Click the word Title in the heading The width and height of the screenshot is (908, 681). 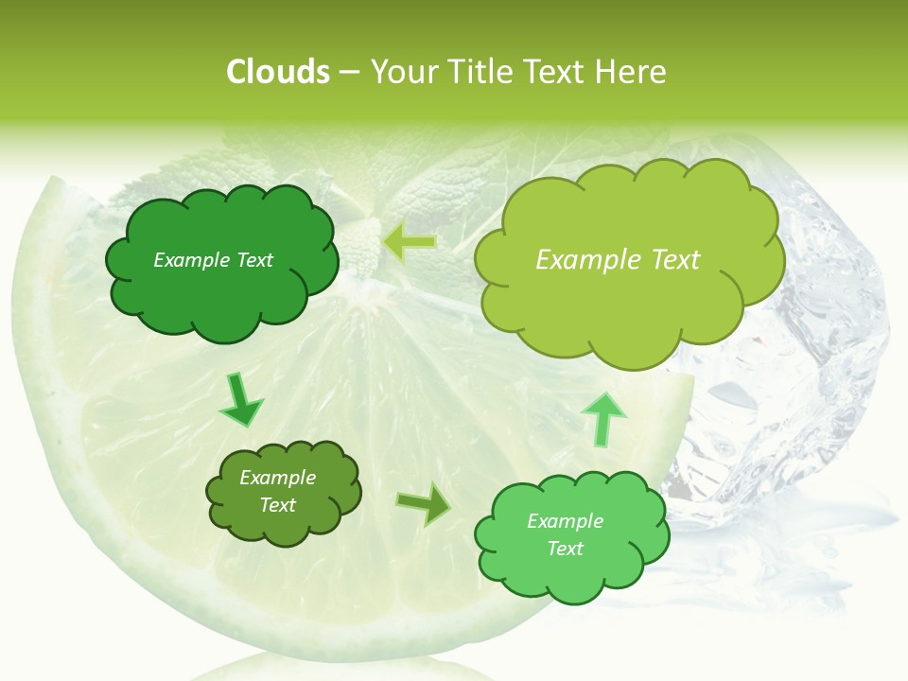478,71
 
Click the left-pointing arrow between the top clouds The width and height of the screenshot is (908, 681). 410,242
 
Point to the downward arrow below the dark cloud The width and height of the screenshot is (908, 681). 241,402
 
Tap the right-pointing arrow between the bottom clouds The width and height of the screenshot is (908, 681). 424,504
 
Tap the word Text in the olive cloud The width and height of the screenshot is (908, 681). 277,505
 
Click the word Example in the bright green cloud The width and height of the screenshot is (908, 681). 565,521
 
